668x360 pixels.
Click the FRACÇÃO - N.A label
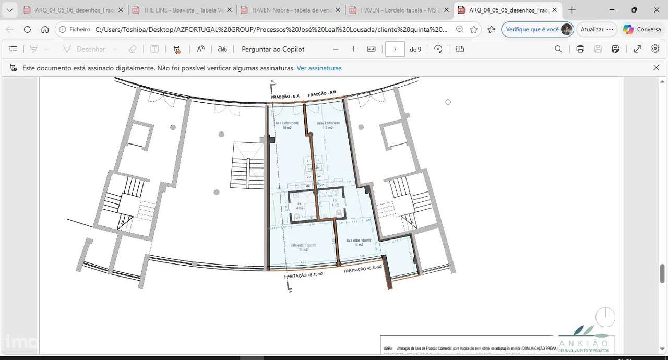point(285,97)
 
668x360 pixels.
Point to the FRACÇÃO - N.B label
point(322,94)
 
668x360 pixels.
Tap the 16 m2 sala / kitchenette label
point(287,125)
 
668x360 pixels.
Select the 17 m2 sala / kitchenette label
point(328,125)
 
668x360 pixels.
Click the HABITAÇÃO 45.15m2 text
point(303,275)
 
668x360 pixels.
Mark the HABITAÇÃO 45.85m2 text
point(363,269)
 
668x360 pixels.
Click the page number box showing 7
point(395,49)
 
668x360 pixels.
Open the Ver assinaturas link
point(319,68)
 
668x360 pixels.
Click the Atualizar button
point(592,29)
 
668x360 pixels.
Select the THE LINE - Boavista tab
point(181,10)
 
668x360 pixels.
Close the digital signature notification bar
point(656,67)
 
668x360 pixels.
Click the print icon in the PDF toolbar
point(580,49)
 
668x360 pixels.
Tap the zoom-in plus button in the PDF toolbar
point(353,49)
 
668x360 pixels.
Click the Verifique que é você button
point(537,29)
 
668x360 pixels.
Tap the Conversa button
point(642,29)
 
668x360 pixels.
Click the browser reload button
point(27,29)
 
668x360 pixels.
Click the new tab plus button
point(572,10)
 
